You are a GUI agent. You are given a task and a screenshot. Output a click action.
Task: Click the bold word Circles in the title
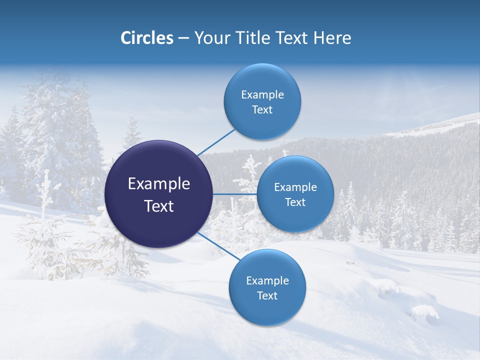[146, 38]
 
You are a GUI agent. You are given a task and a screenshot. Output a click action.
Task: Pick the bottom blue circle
[267, 310]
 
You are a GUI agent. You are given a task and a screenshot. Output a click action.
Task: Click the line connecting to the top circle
[216, 142]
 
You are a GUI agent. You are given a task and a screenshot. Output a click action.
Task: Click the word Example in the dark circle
[158, 184]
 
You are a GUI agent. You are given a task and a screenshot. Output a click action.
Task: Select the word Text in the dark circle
[158, 206]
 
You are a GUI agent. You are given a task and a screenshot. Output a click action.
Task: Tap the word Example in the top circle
[262, 94]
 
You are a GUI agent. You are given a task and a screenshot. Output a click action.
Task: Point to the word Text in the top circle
[262, 109]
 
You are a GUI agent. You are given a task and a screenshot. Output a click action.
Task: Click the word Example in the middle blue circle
[295, 187]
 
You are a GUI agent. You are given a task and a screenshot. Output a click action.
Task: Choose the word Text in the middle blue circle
[295, 202]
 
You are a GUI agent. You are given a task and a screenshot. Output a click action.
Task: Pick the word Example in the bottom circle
[267, 280]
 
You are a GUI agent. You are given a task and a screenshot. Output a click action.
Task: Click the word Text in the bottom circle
[267, 295]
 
